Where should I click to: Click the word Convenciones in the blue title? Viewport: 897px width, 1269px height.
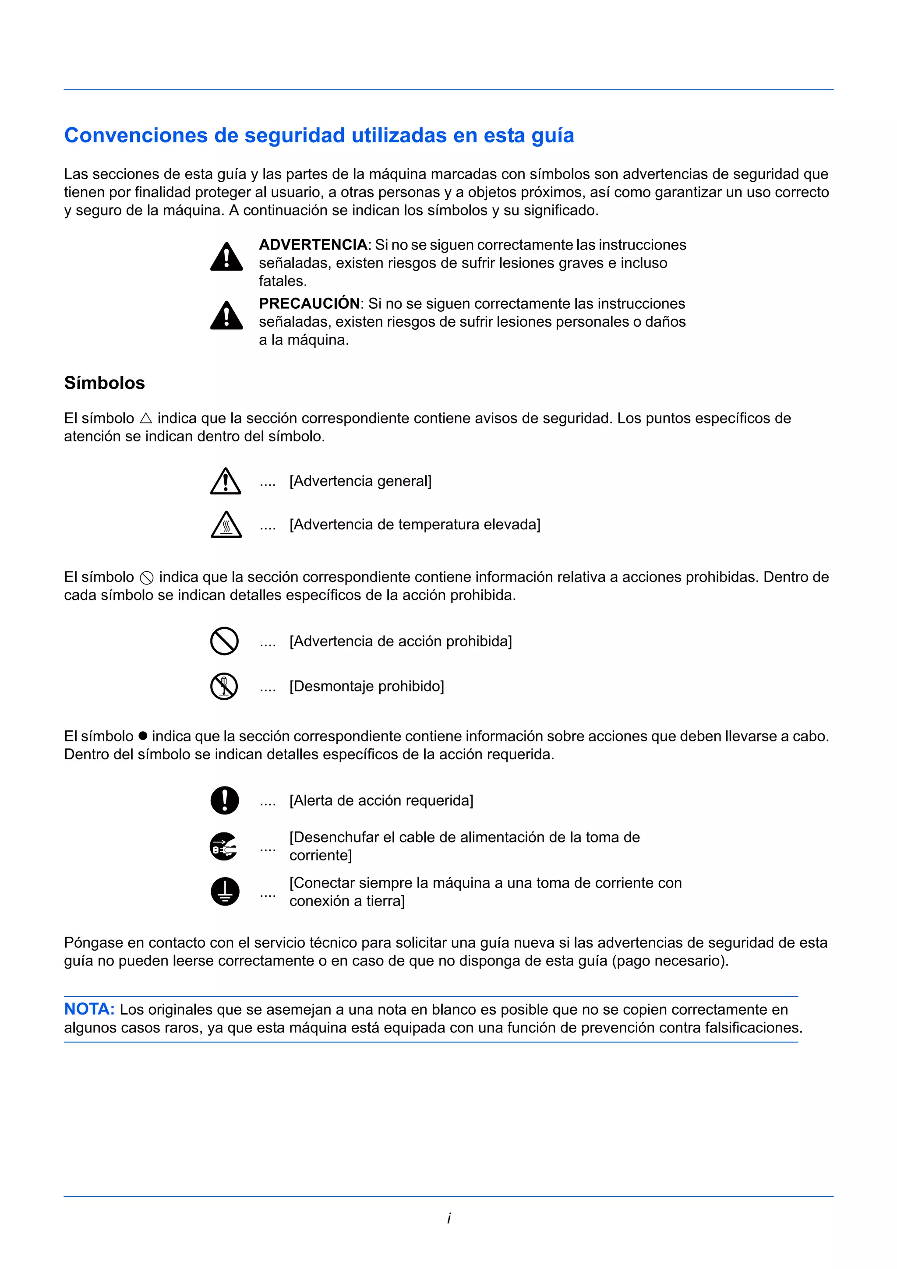[136, 135]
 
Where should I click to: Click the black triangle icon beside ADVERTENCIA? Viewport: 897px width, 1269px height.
[226, 257]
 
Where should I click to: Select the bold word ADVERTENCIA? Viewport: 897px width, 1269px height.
[313, 245]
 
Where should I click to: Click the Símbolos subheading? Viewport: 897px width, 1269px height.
[104, 383]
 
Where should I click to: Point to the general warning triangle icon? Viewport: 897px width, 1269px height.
[226, 481]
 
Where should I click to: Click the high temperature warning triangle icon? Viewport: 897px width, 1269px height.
[226, 525]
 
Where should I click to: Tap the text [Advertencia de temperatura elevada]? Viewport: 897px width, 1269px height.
[414, 525]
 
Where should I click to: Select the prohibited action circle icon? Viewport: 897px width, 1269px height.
[224, 641]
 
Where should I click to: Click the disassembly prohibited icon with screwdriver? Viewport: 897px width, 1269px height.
[224, 687]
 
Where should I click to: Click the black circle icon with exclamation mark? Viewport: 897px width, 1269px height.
[224, 800]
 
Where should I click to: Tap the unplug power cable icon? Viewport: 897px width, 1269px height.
[224, 846]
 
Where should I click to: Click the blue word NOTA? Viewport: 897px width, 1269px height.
[89, 1009]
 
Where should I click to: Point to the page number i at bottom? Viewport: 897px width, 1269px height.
[449, 1218]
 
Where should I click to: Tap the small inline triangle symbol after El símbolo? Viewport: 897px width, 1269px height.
[146, 418]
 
